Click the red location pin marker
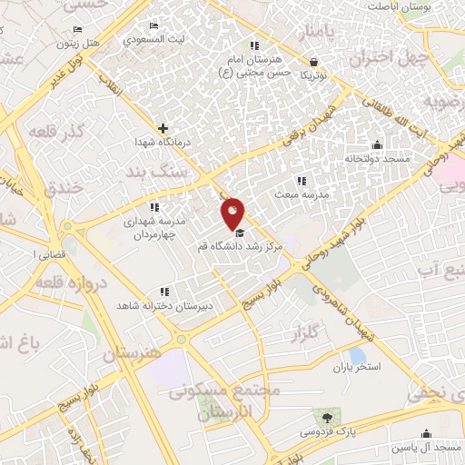233,213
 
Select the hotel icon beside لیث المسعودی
153,25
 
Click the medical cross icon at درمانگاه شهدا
163,129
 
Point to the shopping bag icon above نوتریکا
313,63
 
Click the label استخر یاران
354,368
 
